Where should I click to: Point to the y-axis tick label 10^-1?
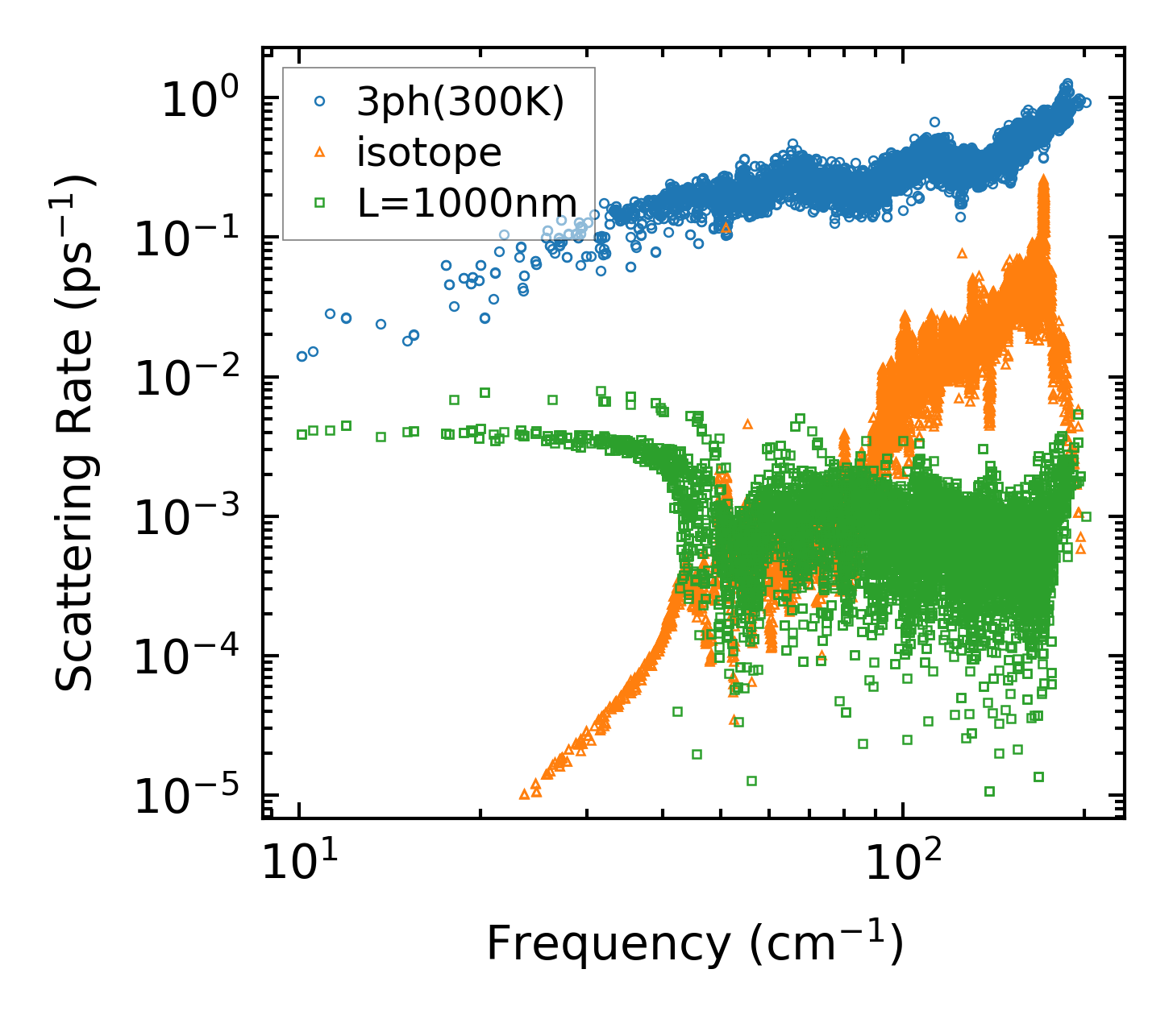pyautogui.click(x=193, y=239)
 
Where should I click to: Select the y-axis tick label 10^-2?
pyautogui.click(x=193, y=379)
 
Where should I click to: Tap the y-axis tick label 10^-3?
pyautogui.click(x=193, y=519)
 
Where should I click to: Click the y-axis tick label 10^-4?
pyautogui.click(x=193, y=658)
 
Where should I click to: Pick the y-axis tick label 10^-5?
pyautogui.click(x=193, y=797)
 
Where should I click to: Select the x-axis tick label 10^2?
pyautogui.click(x=903, y=866)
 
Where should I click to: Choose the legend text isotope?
pyautogui.click(x=429, y=152)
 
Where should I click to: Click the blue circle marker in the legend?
pyautogui.click(x=320, y=101)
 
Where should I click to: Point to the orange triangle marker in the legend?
pyautogui.click(x=320, y=151)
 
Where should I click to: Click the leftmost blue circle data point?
pyautogui.click(x=302, y=356)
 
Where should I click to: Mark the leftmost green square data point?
pyautogui.click(x=302, y=434)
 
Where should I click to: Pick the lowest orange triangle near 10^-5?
pyautogui.click(x=524, y=794)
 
